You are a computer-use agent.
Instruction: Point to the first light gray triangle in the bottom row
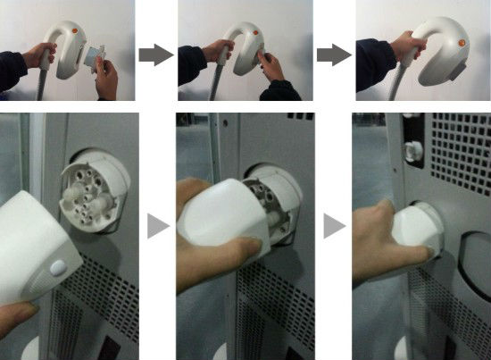(157, 228)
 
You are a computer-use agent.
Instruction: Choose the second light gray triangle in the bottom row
(333, 227)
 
